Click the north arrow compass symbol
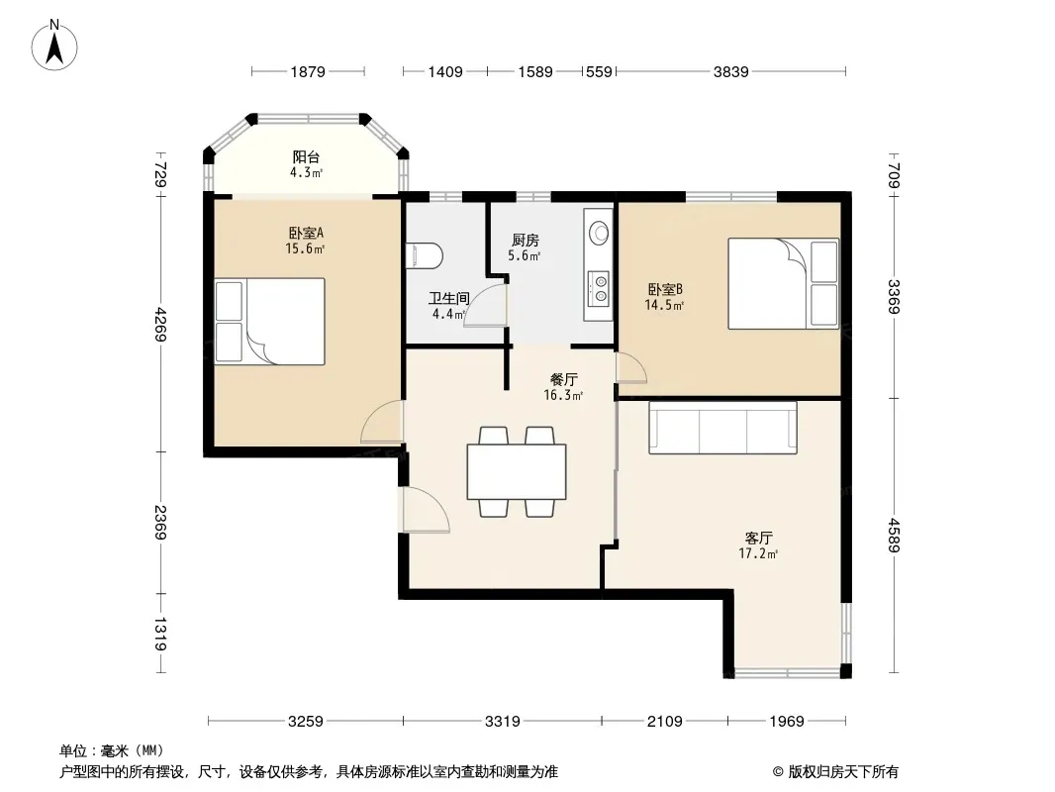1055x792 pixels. (x=54, y=46)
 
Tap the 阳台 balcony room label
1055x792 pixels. (x=306, y=156)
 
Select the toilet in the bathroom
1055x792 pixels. (x=425, y=255)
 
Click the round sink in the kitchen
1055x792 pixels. (x=598, y=233)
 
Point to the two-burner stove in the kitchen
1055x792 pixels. (x=598, y=288)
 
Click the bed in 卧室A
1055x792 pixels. (x=270, y=322)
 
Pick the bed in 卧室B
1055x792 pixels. (x=783, y=283)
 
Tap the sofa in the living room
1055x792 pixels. (x=722, y=428)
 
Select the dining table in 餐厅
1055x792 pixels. (x=517, y=471)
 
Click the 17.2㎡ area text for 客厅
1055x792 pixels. (x=758, y=553)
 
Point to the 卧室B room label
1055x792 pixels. (x=665, y=289)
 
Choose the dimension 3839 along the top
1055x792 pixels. (x=730, y=71)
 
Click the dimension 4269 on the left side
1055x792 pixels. (x=160, y=325)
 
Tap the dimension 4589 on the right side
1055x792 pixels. (x=894, y=535)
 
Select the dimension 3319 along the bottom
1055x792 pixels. (x=503, y=722)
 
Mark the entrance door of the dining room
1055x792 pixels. (x=426, y=510)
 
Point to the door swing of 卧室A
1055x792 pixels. (x=382, y=421)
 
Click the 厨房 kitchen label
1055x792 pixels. (x=525, y=241)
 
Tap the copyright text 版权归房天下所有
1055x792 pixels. (x=843, y=772)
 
